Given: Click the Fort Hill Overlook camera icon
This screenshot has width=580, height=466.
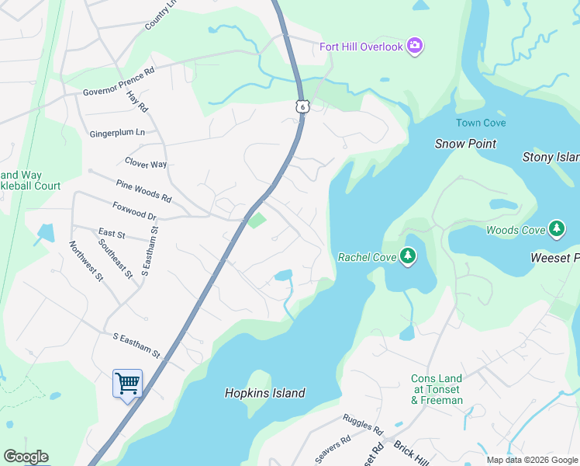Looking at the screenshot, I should click(415, 47).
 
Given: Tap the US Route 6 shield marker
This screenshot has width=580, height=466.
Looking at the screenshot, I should click(302, 106).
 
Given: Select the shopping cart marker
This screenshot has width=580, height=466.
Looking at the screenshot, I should click(127, 383).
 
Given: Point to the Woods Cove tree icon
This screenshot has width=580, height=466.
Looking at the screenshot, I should click(556, 229).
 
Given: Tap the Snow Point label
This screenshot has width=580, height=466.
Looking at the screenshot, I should click(465, 144).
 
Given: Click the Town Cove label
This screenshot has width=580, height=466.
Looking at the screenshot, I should click(481, 123).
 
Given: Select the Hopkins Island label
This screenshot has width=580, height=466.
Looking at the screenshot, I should click(264, 393).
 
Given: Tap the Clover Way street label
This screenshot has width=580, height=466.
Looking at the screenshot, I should click(146, 164).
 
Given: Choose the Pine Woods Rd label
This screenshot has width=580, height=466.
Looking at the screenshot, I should click(143, 192).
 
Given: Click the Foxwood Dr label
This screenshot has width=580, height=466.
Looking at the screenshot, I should click(134, 212).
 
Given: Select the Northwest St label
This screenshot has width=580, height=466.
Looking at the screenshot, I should click(85, 261).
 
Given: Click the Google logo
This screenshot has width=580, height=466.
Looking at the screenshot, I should click(26, 457).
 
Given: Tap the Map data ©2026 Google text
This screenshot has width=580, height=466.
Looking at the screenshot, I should click(531, 460).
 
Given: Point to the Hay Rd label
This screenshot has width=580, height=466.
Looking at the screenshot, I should click(137, 100).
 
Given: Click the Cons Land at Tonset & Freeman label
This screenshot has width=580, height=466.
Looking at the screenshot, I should click(437, 389).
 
